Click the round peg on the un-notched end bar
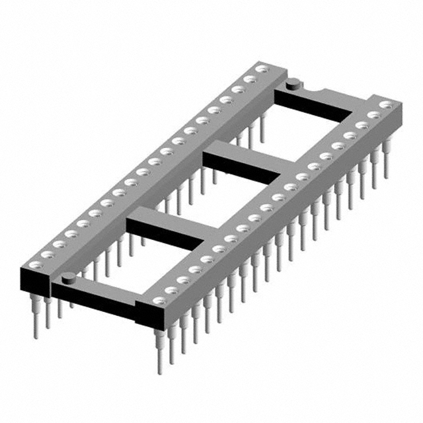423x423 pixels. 69,276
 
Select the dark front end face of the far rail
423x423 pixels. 36,280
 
